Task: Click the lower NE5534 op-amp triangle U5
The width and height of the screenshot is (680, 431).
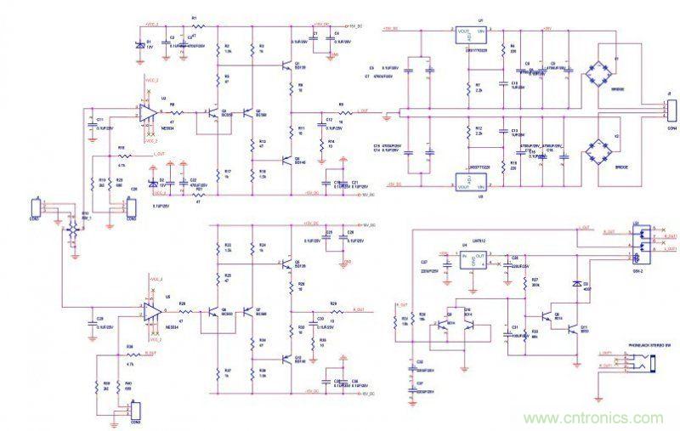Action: [x=154, y=312]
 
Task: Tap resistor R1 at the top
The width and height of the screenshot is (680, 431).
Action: [x=197, y=26]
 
